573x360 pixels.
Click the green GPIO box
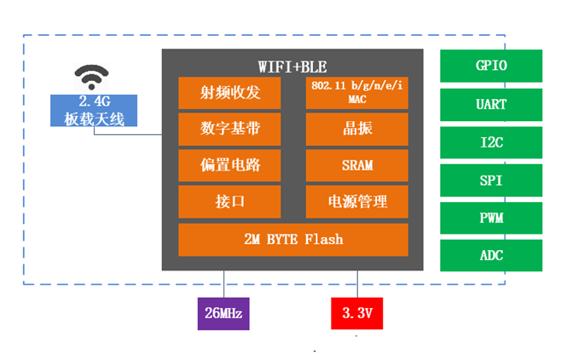pos(490,66)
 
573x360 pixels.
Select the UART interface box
pos(490,104)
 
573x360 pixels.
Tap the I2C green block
pos(490,142)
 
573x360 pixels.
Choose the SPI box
pos(490,180)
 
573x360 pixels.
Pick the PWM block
pos(490,218)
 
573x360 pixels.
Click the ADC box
pos(490,255)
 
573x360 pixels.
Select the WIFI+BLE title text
pos(292,66)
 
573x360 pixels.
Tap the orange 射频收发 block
pos(229,92)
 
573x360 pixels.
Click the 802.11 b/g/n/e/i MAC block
pos(356,92)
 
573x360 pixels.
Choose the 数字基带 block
pos(229,129)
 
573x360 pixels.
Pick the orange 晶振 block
pos(356,129)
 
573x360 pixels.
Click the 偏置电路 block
pos(229,165)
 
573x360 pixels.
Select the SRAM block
pos(356,165)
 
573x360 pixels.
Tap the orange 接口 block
pos(229,201)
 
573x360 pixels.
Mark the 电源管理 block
pos(356,201)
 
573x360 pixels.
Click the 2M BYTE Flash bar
pos(292,239)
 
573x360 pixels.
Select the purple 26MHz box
pos(224,313)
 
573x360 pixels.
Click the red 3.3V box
pos(357,313)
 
